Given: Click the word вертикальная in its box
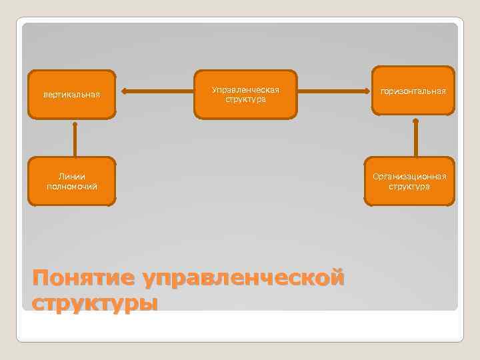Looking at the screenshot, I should pyautogui.click(x=71, y=94).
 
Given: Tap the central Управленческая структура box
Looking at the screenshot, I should pyautogui.click(x=245, y=94).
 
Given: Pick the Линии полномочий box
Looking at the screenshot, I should pyautogui.click(x=71, y=181).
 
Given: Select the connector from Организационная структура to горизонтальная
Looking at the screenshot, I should pyautogui.click(x=415, y=139).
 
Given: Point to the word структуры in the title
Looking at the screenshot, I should pyautogui.click(x=95, y=303).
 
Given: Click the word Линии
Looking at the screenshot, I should pyautogui.click(x=72, y=177).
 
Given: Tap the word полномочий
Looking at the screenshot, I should pyautogui.click(x=72, y=186).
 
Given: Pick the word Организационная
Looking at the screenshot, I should pyautogui.click(x=409, y=177).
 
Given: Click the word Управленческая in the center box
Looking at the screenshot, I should pyautogui.click(x=245, y=89).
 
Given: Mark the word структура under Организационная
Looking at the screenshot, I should pyautogui.click(x=409, y=186).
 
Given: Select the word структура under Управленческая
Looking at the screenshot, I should pyautogui.click(x=245, y=99).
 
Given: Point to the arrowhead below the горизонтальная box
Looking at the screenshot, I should pyautogui.click(x=415, y=122).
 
